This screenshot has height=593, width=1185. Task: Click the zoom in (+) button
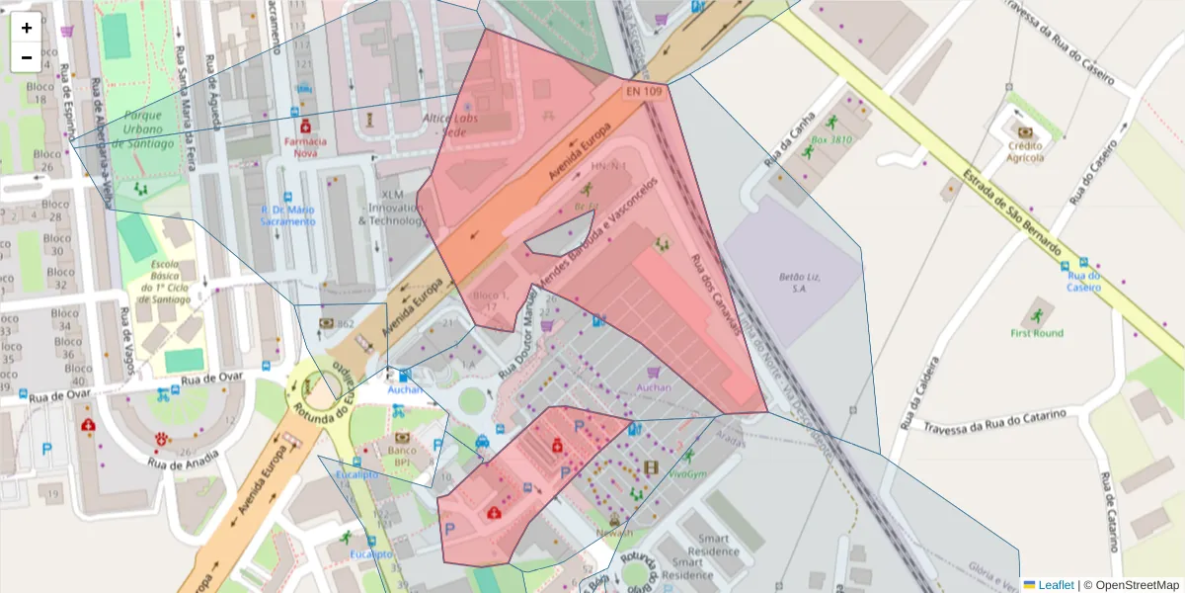point(27,28)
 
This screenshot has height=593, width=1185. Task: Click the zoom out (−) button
point(27,57)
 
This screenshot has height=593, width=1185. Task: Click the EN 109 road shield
point(643,91)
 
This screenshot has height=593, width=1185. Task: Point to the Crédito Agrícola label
point(1025,151)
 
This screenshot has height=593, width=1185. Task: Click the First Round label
point(1037,333)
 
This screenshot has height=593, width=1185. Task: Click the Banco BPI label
point(402,456)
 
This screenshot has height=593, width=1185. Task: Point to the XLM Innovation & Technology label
point(391,208)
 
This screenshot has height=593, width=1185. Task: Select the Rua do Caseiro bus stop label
point(1083,281)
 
